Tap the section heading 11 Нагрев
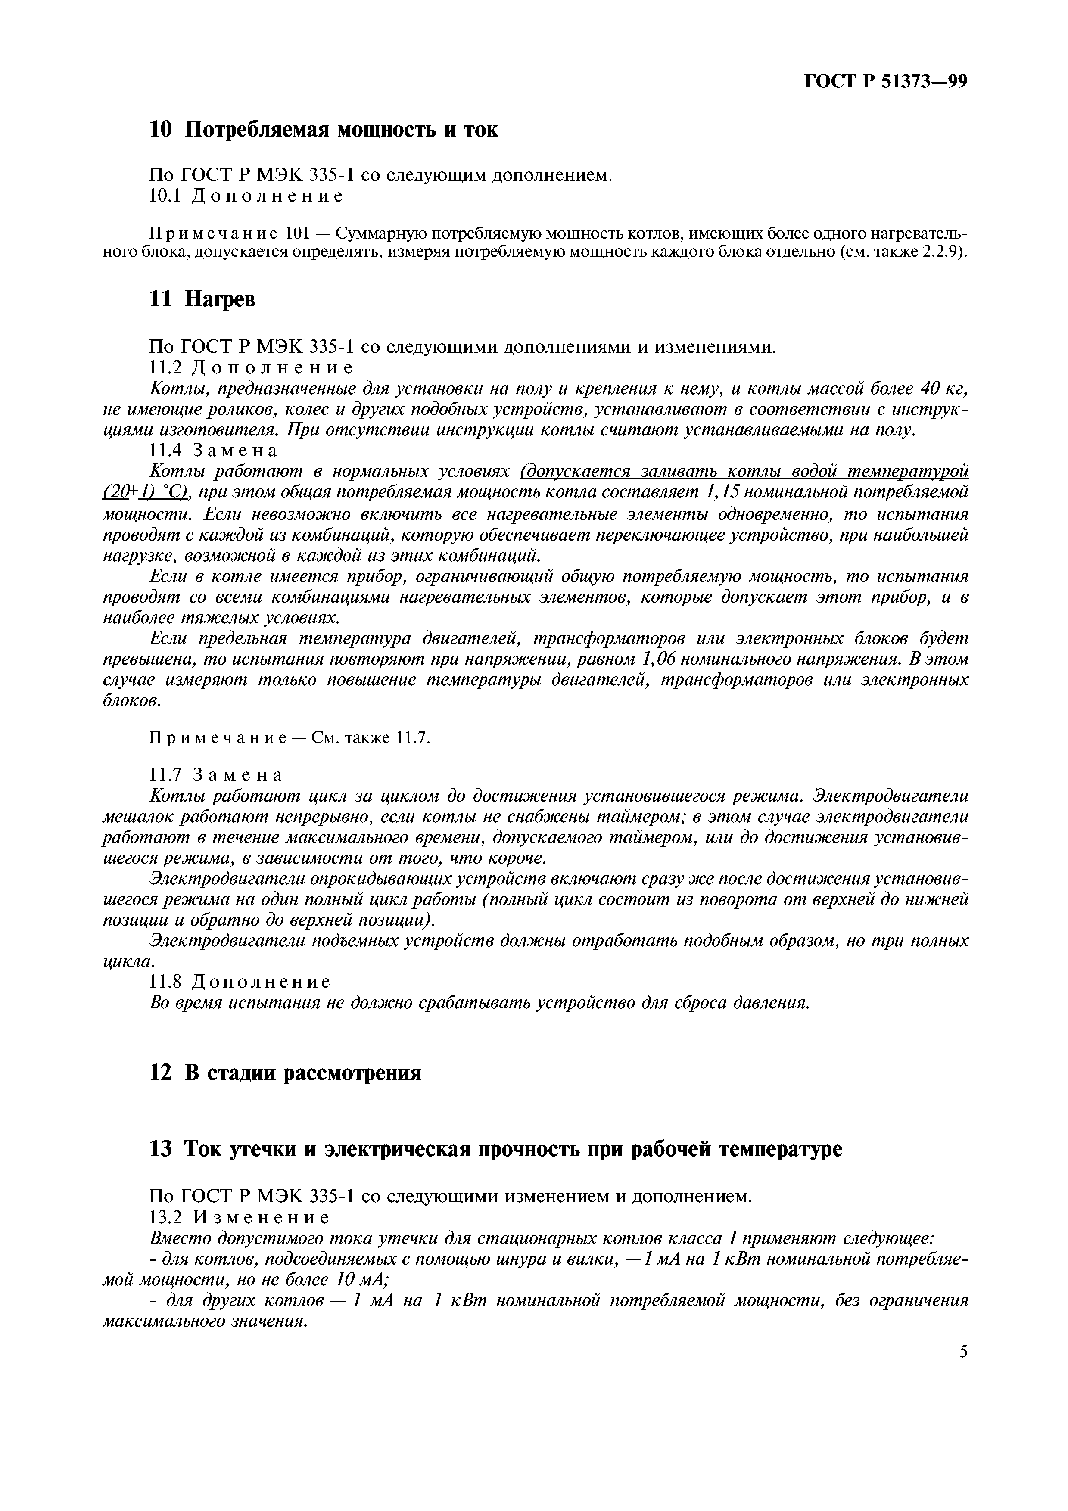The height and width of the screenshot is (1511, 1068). click(x=202, y=299)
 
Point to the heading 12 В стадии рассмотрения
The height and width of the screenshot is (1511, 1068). click(x=285, y=1073)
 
